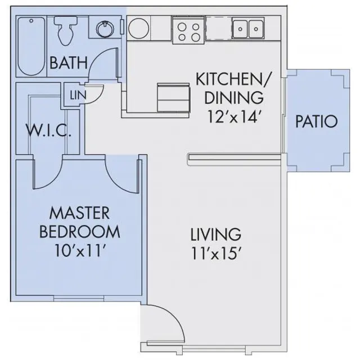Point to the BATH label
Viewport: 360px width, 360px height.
click(x=69, y=62)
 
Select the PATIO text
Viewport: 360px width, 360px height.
click(x=316, y=121)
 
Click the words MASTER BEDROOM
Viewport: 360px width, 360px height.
click(x=78, y=222)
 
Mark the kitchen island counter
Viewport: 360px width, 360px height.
click(x=174, y=97)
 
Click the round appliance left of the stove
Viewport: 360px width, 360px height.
click(x=138, y=28)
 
